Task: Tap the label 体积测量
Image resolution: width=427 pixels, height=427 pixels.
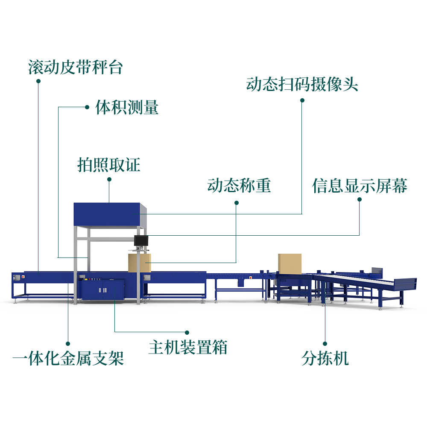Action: (x=127, y=107)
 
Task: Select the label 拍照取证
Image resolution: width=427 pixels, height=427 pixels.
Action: (x=109, y=164)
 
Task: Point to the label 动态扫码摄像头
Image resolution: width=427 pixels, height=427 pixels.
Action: (x=302, y=84)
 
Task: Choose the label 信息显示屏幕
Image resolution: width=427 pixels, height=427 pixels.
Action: (x=360, y=186)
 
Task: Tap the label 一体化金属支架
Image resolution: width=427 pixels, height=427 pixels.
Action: (x=68, y=358)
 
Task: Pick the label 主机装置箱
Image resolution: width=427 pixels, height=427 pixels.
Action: (x=188, y=347)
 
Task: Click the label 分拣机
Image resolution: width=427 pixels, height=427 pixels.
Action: (x=325, y=358)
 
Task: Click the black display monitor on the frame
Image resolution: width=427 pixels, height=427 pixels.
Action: (x=141, y=240)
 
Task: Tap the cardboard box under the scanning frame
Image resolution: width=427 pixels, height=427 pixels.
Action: (x=139, y=262)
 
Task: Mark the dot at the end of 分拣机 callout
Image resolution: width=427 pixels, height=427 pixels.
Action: (x=325, y=343)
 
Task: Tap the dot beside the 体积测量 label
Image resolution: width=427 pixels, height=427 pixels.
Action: (x=87, y=107)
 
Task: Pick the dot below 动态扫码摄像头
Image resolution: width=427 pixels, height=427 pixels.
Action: (x=302, y=100)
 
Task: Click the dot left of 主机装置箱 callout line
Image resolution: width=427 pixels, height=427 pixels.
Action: (x=187, y=332)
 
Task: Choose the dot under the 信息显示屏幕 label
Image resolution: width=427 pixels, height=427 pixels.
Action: (x=359, y=199)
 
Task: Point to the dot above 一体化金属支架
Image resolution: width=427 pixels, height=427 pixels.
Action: (x=68, y=343)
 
